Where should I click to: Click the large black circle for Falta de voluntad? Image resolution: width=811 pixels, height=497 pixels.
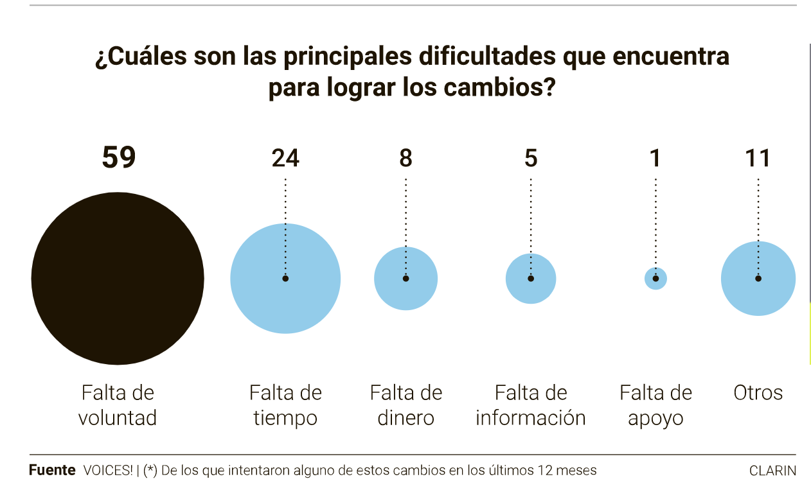(118, 279)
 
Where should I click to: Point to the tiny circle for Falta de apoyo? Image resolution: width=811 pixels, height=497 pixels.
(655, 279)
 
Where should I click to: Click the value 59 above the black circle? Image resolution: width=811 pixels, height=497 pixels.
(119, 158)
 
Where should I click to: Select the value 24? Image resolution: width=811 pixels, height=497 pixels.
(285, 158)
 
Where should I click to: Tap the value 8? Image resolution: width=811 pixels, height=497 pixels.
(406, 158)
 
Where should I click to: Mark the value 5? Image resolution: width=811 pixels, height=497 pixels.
(531, 158)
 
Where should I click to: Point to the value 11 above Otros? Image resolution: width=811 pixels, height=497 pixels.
(758, 158)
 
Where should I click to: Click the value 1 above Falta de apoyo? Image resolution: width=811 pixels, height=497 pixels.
(655, 158)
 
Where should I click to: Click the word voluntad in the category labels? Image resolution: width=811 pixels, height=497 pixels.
(118, 418)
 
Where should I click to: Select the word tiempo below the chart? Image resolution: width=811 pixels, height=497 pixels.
(285, 418)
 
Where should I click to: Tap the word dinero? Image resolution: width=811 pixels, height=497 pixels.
(406, 418)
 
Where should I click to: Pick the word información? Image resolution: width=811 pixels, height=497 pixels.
(531, 418)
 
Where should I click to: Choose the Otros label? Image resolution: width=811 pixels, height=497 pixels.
(758, 392)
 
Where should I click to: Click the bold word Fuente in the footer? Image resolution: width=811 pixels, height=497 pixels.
(52, 470)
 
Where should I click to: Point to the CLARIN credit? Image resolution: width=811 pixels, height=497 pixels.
(772, 471)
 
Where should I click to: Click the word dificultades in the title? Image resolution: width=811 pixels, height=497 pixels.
(487, 57)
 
